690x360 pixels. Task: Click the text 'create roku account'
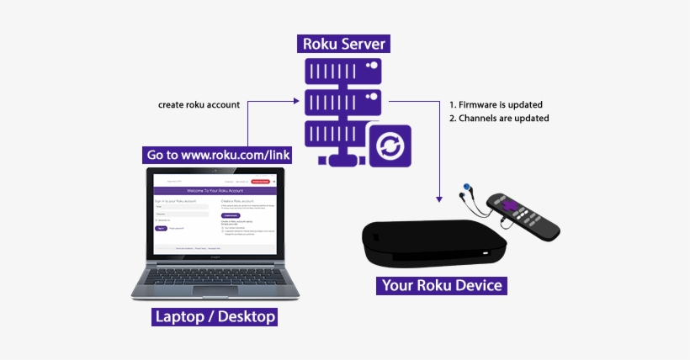(199, 105)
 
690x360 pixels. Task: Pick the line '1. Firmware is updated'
(495, 105)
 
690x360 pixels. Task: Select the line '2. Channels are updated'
(498, 119)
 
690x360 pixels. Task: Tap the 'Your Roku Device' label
(442, 285)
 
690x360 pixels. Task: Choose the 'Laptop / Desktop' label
(215, 317)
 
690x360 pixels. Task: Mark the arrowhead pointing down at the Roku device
(438, 198)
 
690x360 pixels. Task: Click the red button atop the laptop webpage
(262, 181)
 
